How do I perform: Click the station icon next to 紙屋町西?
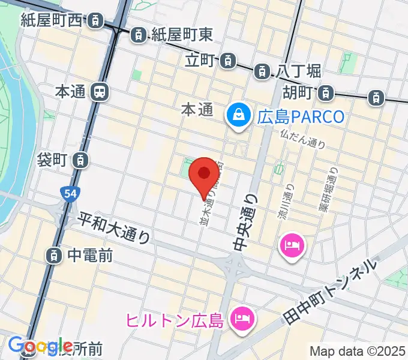point(95,22)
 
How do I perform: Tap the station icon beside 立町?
point(227,60)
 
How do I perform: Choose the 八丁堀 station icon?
point(262,71)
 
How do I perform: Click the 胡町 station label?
point(298,93)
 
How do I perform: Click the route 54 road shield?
point(68,194)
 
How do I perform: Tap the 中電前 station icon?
point(55,256)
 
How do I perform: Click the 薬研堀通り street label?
point(329,192)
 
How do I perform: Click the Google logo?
point(41,346)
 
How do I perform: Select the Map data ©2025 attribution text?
point(357,351)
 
